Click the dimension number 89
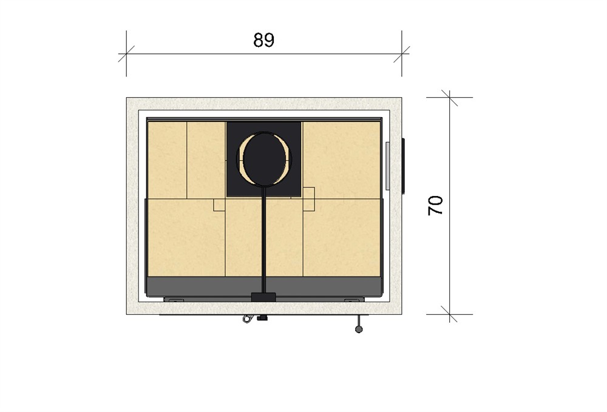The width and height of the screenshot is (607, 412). [x=263, y=40]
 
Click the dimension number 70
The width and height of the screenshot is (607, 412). [x=435, y=205]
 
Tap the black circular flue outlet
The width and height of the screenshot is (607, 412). [x=265, y=159]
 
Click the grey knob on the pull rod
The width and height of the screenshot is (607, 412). [x=359, y=329]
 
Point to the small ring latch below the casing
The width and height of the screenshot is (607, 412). [x=246, y=319]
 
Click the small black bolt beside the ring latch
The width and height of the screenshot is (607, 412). [x=262, y=319]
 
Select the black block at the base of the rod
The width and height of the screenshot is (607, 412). [x=263, y=297]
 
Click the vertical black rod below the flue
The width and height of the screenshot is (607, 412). [x=263, y=240]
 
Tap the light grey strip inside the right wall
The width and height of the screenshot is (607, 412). [x=387, y=166]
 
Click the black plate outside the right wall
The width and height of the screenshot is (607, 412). [x=403, y=166]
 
